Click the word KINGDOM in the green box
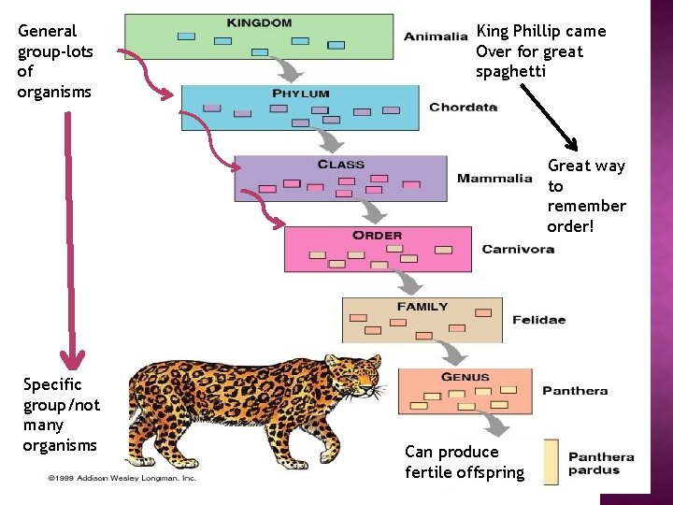click(x=259, y=22)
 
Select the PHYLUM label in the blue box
click(x=301, y=94)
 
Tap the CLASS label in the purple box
click(x=341, y=165)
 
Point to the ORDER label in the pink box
click(x=378, y=235)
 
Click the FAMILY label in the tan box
click(x=422, y=307)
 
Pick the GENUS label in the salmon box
click(x=465, y=378)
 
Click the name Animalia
click(x=436, y=37)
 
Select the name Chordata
click(x=463, y=108)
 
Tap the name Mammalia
click(x=494, y=179)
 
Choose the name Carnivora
click(x=518, y=249)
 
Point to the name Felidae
click(x=539, y=320)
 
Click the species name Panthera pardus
click(x=601, y=464)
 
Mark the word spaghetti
click(x=509, y=72)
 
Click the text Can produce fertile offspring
click(x=465, y=462)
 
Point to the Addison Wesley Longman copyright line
click(x=122, y=478)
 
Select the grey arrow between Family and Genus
click(x=452, y=352)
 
